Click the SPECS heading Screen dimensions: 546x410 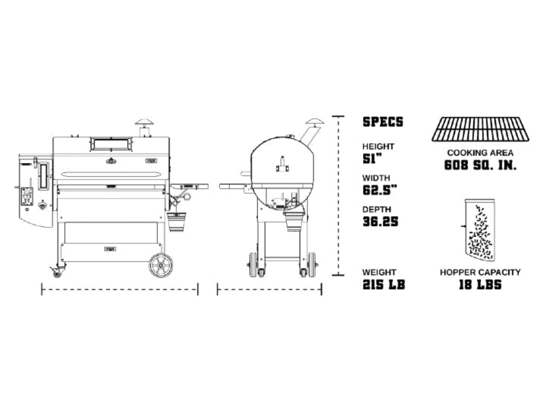[383, 122]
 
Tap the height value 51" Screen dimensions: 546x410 [372, 159]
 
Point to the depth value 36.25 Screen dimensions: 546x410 [380, 222]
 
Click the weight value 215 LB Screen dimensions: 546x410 [384, 285]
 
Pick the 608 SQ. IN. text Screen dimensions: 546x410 [480, 165]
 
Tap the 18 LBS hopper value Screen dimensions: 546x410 [480, 285]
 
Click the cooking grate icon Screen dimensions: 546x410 [480, 129]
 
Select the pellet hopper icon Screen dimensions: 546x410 [479, 230]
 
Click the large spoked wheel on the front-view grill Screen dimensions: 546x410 [161, 265]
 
